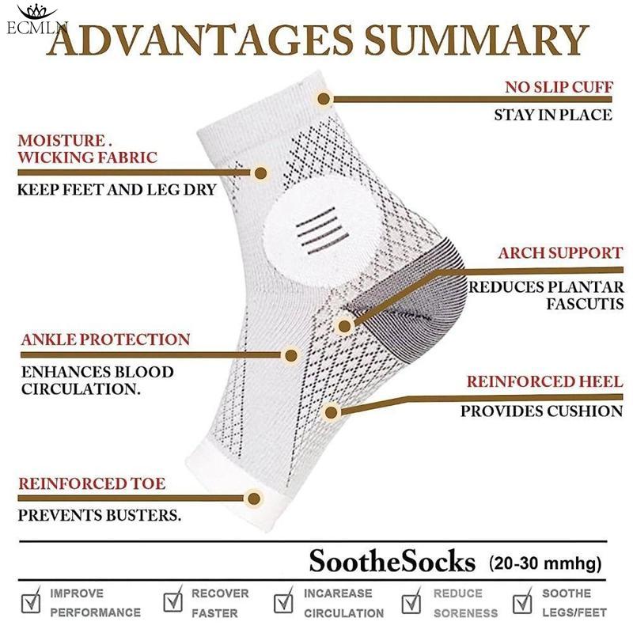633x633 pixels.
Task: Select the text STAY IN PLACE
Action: [553, 115]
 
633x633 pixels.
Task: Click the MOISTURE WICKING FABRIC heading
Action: [87, 149]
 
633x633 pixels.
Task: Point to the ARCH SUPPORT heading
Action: [559, 253]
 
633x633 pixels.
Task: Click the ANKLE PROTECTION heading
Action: [105, 339]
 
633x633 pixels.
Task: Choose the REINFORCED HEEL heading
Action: [544, 381]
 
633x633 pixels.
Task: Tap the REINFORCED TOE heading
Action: [92, 483]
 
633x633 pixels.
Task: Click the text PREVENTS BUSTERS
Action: [100, 515]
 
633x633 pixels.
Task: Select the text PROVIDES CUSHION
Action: [542, 411]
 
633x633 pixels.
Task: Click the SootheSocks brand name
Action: [392, 563]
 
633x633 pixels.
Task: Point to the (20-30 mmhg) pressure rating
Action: [545, 563]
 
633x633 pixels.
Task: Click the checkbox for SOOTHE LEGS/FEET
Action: [523, 604]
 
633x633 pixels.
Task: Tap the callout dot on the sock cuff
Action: [324, 99]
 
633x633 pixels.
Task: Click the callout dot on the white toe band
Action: [254, 498]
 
